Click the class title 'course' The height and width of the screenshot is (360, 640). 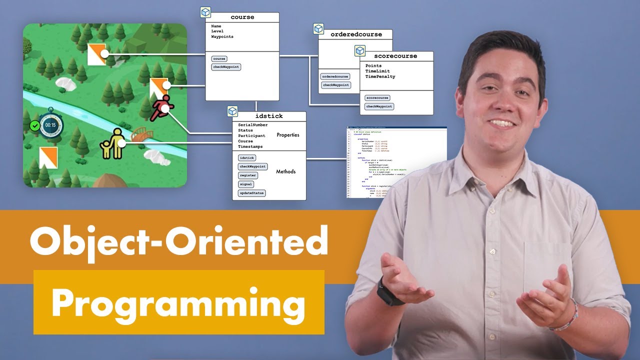pyautogui.click(x=242, y=17)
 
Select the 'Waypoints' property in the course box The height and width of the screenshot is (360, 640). pyautogui.click(x=222, y=37)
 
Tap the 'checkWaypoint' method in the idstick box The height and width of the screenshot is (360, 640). pyautogui.click(x=252, y=166)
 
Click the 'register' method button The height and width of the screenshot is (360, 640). pyautogui.click(x=248, y=175)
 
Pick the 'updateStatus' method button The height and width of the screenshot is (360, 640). pyautogui.click(x=252, y=193)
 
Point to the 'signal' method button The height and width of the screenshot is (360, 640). pyautogui.click(x=245, y=184)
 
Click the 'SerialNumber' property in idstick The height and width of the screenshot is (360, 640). pyautogui.click(x=252, y=125)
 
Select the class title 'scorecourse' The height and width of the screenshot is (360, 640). pyautogui.click(x=395, y=56)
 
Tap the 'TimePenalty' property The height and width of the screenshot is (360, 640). pyautogui.click(x=380, y=77)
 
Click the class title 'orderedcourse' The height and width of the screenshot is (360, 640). pyautogui.click(x=356, y=34)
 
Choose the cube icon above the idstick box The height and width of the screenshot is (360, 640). pyautogui.click(x=232, y=111)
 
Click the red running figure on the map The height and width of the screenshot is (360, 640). pyautogui.click(x=162, y=107)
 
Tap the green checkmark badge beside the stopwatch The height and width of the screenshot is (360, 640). pyautogui.click(x=34, y=125)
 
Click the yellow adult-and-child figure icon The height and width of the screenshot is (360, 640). pyautogui.click(x=113, y=144)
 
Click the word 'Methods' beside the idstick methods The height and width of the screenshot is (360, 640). pyautogui.click(x=285, y=171)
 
